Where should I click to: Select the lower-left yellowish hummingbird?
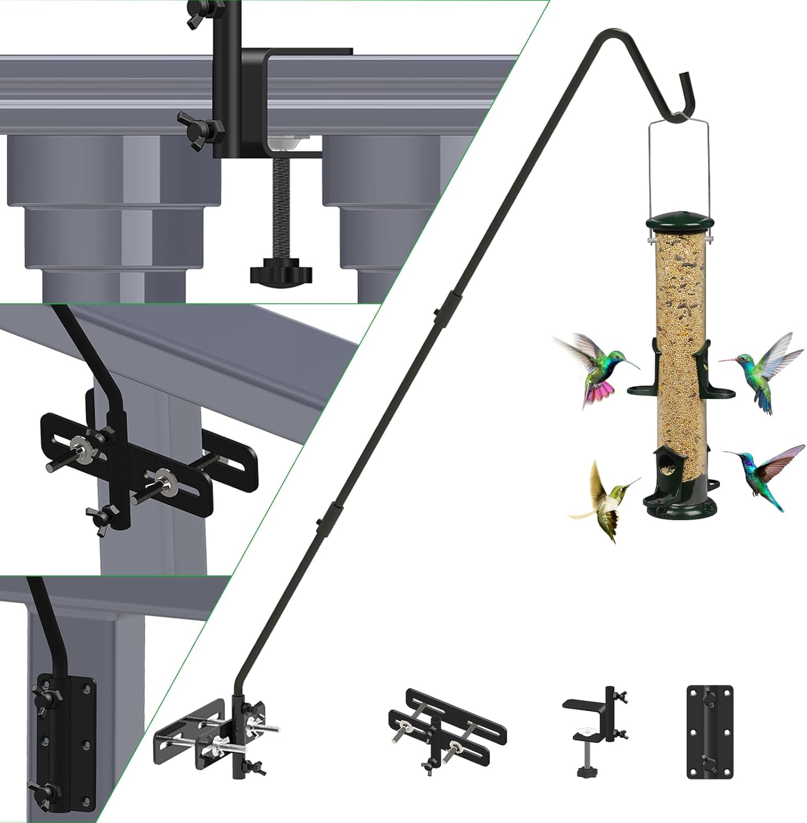[609, 502]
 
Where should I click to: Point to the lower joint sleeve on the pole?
[330, 518]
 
